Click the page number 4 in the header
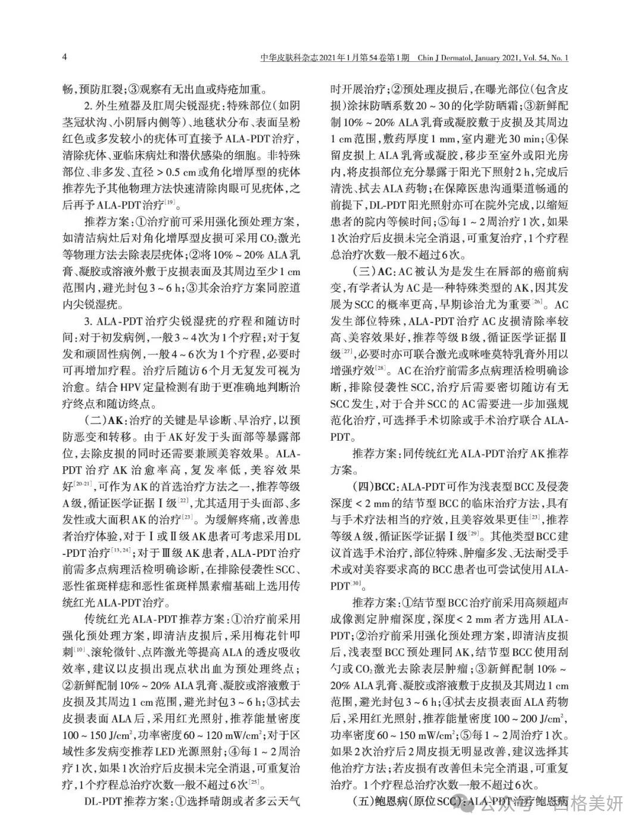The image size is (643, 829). [64, 58]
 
